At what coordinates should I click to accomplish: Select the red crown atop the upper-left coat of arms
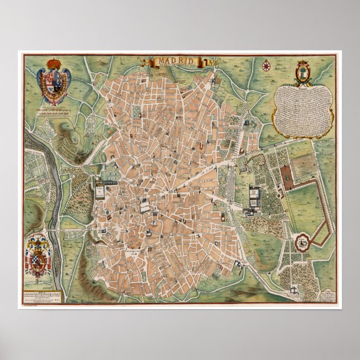[56, 62]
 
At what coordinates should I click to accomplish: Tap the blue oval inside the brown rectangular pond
[286, 176]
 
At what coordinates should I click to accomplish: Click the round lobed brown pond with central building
[304, 242]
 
